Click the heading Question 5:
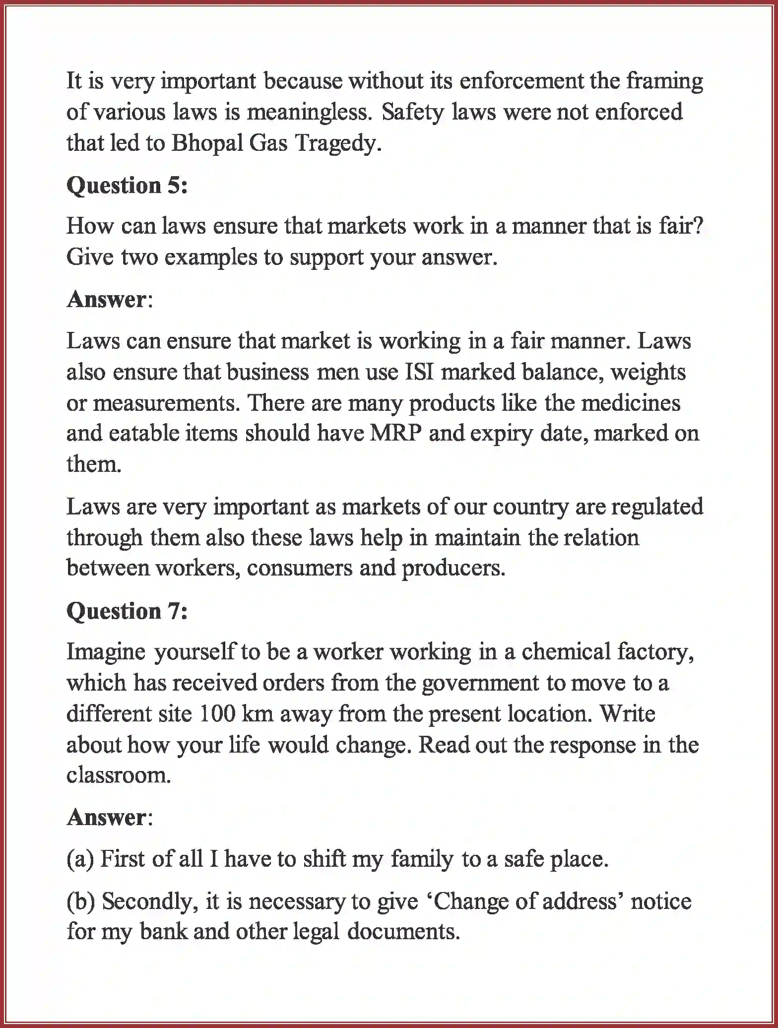[x=127, y=186]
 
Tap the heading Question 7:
[x=127, y=611]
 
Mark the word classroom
[x=119, y=775]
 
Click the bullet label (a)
[x=80, y=859]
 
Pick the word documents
[x=403, y=931]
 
